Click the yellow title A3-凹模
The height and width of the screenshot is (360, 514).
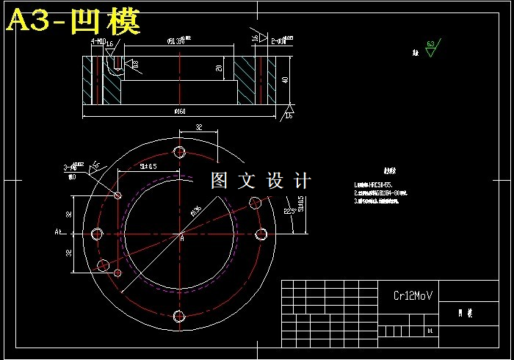(73, 23)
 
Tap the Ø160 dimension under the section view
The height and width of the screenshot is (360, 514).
(180, 112)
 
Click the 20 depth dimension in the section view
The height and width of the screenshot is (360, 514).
(219, 68)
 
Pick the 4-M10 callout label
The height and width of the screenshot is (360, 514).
(98, 42)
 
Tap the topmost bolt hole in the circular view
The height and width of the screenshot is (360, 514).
(179, 152)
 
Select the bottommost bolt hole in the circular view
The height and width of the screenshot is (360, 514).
(179, 317)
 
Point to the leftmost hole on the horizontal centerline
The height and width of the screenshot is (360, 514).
(97, 234)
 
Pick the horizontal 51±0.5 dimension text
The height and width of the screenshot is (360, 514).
(148, 167)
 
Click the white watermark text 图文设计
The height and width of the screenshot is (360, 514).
(261, 181)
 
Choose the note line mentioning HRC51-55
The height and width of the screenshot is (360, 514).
(380, 185)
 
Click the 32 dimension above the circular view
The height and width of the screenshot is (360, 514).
(198, 127)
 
